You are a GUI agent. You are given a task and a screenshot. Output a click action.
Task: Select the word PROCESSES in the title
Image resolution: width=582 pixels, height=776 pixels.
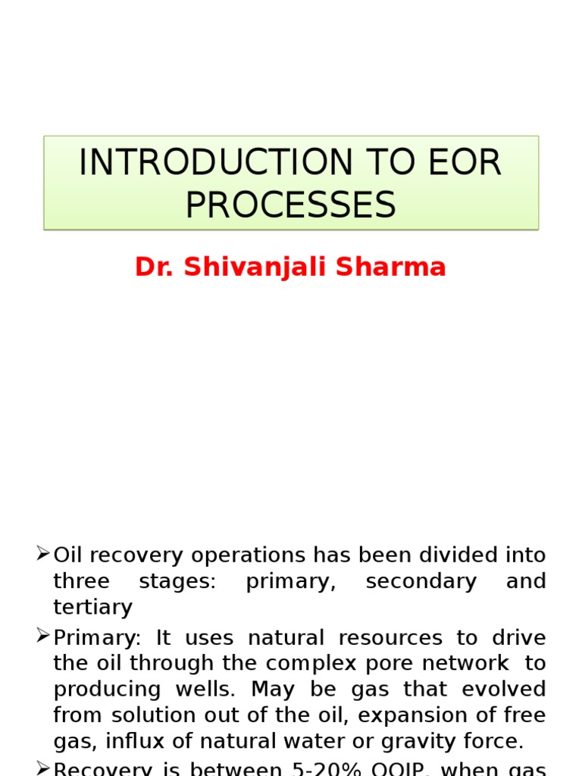click(291, 205)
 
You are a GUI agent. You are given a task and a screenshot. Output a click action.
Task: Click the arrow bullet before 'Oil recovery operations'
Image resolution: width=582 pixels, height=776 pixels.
click(43, 554)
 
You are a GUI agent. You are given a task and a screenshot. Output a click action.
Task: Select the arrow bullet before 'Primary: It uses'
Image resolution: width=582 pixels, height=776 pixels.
click(43, 636)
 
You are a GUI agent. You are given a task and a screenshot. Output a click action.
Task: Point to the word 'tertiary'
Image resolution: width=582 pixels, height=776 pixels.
click(92, 607)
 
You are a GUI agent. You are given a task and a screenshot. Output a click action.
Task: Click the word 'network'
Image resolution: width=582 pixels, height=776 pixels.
click(464, 663)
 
